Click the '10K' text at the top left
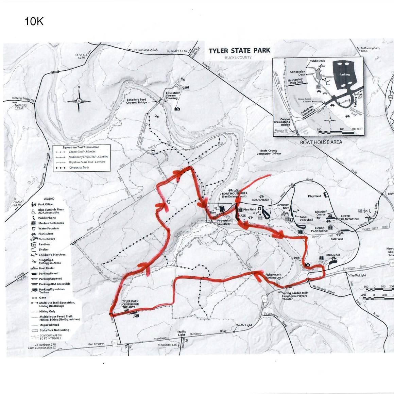34,22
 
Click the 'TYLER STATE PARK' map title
239,51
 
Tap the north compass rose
79,100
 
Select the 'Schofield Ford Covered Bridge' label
137,101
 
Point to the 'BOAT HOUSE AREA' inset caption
321,142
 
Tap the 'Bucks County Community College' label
269,152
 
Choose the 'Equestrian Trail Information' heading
81,148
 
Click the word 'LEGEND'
49,199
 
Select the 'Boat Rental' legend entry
47,268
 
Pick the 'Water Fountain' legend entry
48,228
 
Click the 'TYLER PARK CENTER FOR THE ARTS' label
131,304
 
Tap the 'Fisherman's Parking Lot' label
273,276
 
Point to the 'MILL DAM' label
333,255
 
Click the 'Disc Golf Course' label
321,213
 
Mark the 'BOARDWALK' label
260,200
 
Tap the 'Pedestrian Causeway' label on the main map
224,222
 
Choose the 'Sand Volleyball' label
306,218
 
